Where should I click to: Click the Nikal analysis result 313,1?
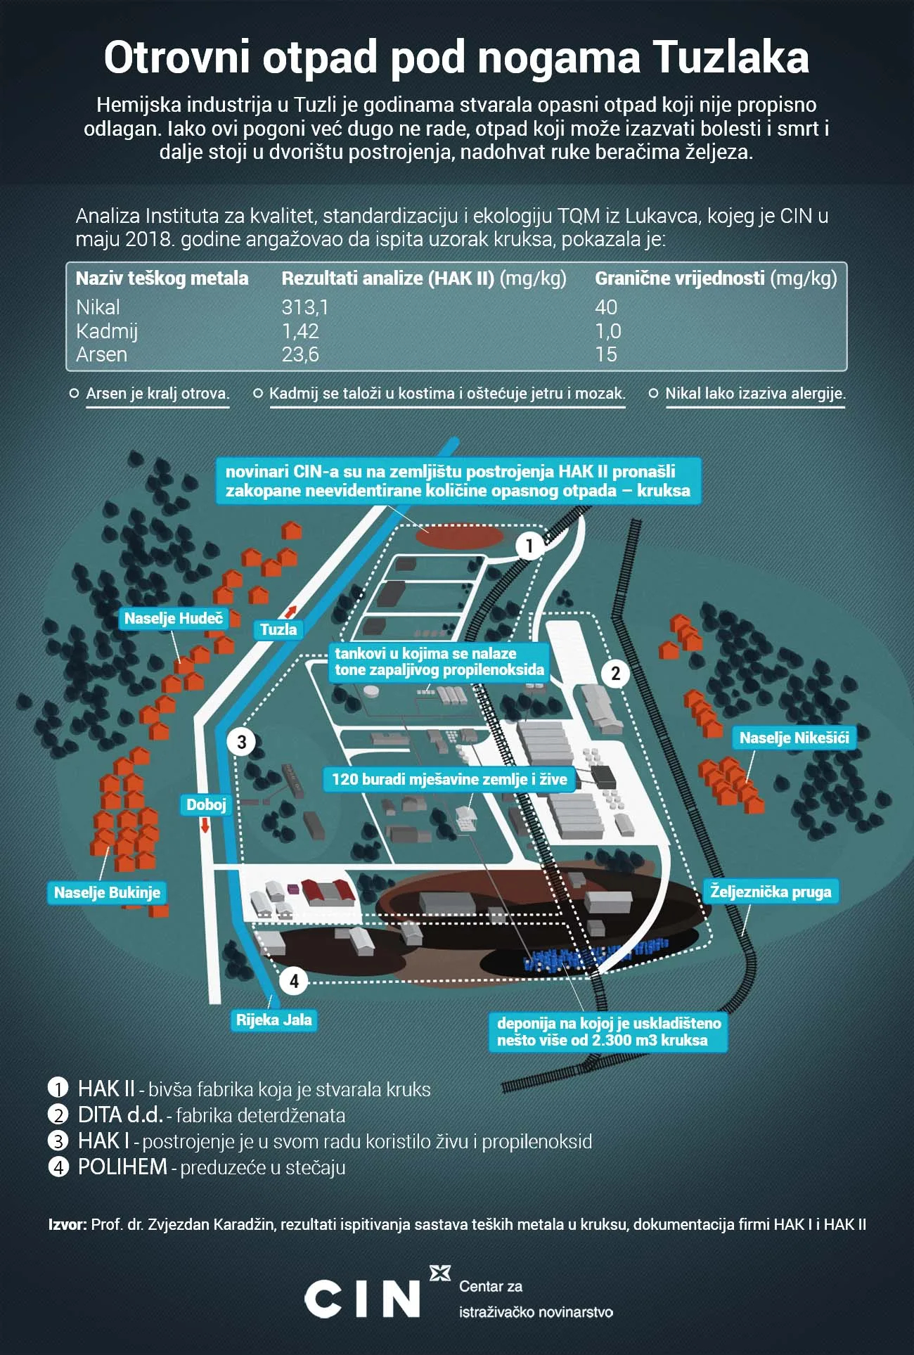tap(305, 307)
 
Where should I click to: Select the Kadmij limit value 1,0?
tap(608, 330)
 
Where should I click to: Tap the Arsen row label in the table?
tap(102, 354)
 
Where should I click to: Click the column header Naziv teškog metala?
tap(162, 278)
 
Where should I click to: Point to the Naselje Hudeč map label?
tap(174, 619)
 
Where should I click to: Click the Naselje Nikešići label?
tap(794, 738)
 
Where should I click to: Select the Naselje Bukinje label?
tap(107, 892)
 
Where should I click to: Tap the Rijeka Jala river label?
tap(274, 1020)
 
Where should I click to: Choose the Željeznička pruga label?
tap(771, 892)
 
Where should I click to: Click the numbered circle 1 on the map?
tap(529, 545)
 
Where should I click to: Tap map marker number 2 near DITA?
tap(615, 674)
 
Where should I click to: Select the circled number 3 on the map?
tap(241, 742)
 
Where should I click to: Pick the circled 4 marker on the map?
tap(294, 981)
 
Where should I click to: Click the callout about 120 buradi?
tap(449, 779)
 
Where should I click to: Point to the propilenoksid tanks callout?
tap(439, 661)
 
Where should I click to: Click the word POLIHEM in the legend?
tap(122, 1167)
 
